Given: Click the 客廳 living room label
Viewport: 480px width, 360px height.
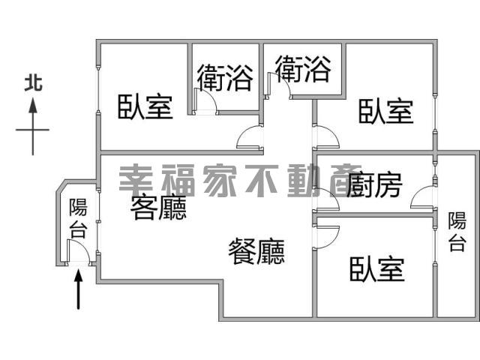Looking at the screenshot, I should [158, 208].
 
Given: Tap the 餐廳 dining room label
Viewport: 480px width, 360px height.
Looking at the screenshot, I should [256, 251].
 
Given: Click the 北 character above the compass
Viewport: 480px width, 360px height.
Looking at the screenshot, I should [33, 82].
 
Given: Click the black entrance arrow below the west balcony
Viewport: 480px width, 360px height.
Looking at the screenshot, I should [79, 289].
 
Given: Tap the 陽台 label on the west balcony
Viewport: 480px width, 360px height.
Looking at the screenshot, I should [78, 218].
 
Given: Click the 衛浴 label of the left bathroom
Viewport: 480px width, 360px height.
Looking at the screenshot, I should [224, 76].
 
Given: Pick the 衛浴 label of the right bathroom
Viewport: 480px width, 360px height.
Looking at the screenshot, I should [302, 70].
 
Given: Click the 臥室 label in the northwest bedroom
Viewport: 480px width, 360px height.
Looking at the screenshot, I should [145, 107].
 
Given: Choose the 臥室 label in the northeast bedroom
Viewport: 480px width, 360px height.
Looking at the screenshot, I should [385, 111].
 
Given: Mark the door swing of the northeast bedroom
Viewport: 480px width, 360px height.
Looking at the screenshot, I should [325, 137].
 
